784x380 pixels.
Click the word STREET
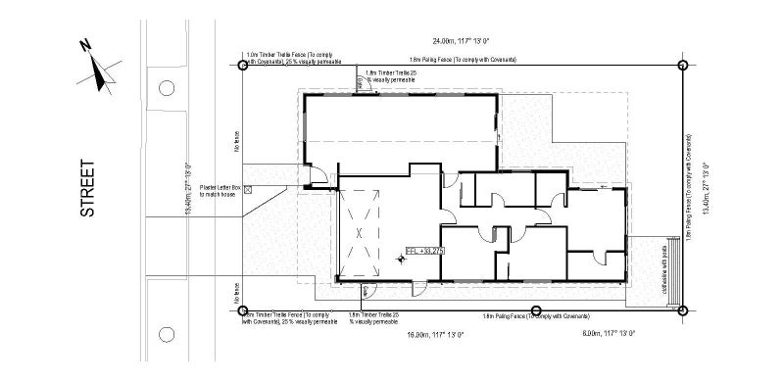pyautogui.click(x=88, y=189)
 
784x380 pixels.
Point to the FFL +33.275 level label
pyautogui.click(x=425, y=252)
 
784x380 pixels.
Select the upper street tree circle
pyautogui.click(x=167, y=89)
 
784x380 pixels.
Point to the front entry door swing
pyautogui.click(x=316, y=177)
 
